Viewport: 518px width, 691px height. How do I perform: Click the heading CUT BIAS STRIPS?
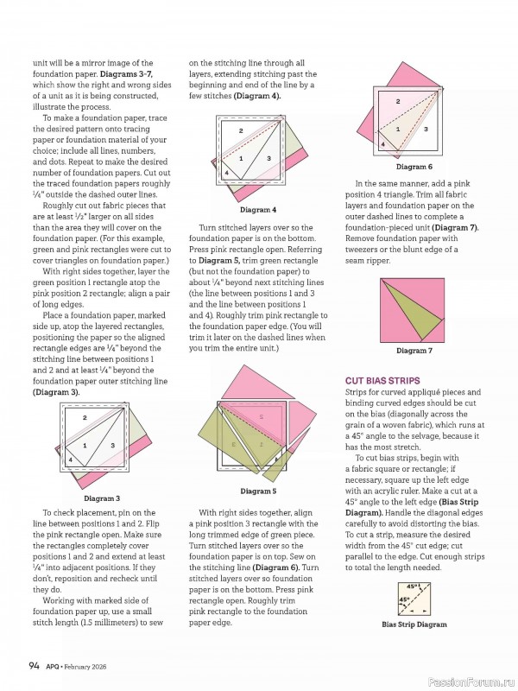point(381,380)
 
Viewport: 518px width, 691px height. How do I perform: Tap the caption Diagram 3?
point(102,498)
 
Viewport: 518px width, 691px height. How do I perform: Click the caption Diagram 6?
point(414,167)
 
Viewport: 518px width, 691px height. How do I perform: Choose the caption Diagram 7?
point(414,351)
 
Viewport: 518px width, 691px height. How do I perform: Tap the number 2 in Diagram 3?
point(85,418)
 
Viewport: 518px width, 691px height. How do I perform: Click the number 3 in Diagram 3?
point(113,445)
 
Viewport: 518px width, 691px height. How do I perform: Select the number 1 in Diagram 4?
point(240,158)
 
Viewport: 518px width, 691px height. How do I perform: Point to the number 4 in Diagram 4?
point(226,173)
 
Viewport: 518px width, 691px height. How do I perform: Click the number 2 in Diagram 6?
point(398,102)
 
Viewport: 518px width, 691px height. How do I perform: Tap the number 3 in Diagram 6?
point(426,129)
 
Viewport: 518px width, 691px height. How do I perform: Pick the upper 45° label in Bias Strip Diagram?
point(412,586)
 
